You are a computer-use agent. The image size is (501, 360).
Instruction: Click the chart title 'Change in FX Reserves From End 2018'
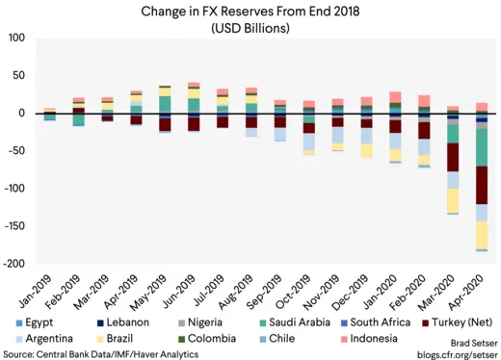(250, 11)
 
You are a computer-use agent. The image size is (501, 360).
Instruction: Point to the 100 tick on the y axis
(16, 39)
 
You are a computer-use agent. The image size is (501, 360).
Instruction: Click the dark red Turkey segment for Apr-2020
(482, 185)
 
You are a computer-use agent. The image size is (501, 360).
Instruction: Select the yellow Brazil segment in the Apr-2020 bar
(482, 234)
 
